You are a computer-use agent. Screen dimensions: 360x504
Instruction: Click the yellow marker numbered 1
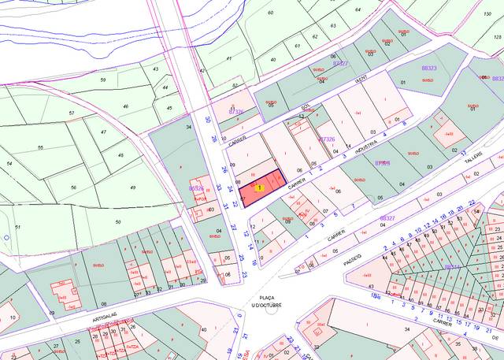coord(259,187)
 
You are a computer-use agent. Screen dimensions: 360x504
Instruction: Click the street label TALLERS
coord(472,158)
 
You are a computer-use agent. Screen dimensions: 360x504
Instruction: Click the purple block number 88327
coord(387,217)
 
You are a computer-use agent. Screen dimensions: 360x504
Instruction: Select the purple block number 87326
coord(326,139)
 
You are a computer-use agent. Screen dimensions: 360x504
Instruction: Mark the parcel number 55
coord(39,148)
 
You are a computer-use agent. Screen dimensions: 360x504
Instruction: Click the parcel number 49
coord(132,187)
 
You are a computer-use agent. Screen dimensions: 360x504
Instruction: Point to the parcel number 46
coord(124,106)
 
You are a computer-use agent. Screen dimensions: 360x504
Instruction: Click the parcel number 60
coord(270,13)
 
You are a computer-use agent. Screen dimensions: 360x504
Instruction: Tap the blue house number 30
coord(208,120)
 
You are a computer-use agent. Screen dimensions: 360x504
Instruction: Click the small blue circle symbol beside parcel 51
coord(6,236)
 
